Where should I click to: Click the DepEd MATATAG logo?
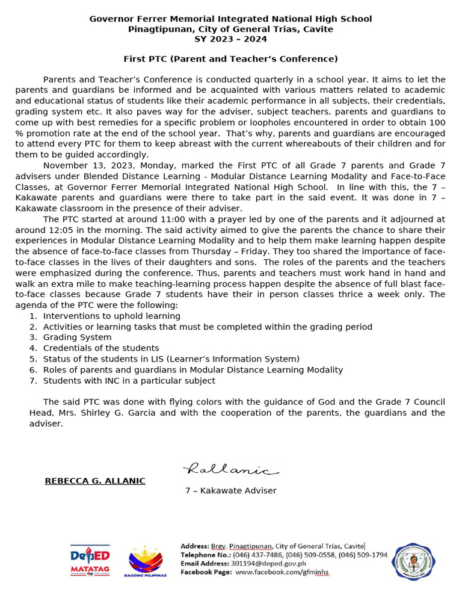coord(90,561)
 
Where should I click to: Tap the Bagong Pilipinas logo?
coord(146,561)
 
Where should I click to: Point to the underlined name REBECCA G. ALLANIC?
coord(95,481)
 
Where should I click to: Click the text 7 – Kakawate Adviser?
coord(230,491)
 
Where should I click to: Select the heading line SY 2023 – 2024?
coord(230,39)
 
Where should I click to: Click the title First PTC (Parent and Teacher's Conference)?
coord(230,59)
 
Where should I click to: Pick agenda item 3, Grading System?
coord(77,337)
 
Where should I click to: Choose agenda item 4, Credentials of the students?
coord(101,348)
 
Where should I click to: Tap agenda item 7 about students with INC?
coord(129,381)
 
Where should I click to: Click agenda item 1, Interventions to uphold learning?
coord(111,316)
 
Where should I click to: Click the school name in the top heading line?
coord(230,19)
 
